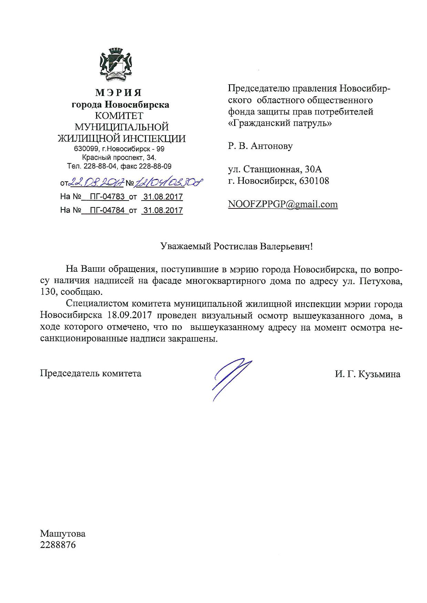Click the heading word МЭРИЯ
click(x=118, y=93)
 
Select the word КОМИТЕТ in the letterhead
click(x=119, y=116)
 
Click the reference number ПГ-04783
click(x=107, y=197)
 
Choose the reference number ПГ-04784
click(x=107, y=210)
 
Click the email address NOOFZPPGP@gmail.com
click(x=283, y=204)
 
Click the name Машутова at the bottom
click(x=63, y=534)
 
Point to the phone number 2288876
click(x=58, y=545)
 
